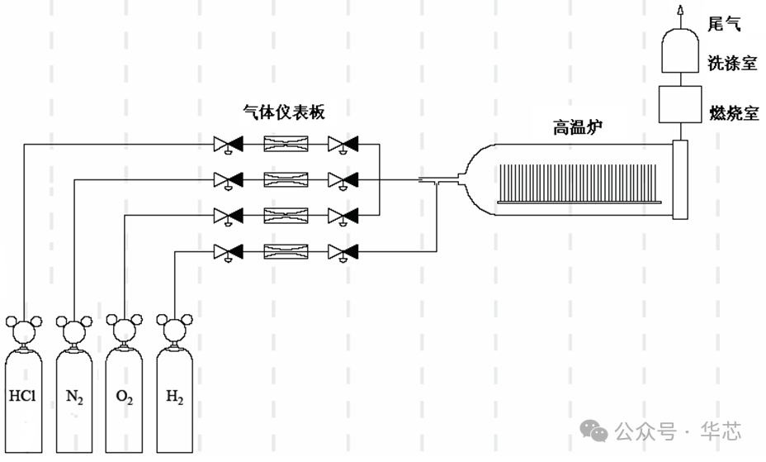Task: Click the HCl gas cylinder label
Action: (x=23, y=396)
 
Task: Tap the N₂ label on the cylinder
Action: (x=75, y=397)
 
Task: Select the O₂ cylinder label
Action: (x=125, y=397)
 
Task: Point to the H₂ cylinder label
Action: (x=175, y=397)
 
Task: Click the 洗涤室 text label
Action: (x=732, y=64)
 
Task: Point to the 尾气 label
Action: (x=725, y=22)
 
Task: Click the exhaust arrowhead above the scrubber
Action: (x=681, y=11)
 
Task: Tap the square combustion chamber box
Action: (x=680, y=103)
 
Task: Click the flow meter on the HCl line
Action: (x=286, y=145)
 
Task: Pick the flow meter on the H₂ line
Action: (x=286, y=250)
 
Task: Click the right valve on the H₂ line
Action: (x=342, y=250)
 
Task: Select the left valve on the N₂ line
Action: (x=226, y=179)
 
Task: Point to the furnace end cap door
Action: (x=680, y=180)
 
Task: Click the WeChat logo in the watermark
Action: (x=594, y=431)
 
